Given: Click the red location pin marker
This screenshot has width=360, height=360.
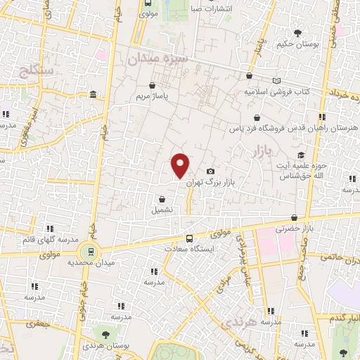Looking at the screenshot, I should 181,165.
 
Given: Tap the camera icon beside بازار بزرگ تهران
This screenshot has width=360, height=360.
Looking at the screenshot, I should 210,172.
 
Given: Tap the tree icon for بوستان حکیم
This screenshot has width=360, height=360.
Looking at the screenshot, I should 298,32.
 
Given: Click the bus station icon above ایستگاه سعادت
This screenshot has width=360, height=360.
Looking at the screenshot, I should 188,238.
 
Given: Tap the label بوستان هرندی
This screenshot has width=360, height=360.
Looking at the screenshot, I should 106,346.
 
